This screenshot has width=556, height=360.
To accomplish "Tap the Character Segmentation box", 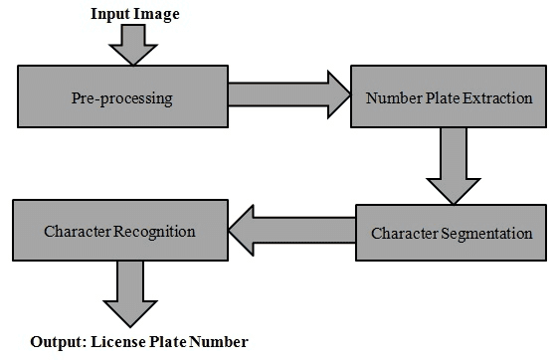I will [x=452, y=234].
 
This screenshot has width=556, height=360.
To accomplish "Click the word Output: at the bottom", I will [x=57, y=342].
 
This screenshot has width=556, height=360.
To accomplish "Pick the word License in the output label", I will [x=116, y=342].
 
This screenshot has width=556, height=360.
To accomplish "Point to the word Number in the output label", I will [x=219, y=342].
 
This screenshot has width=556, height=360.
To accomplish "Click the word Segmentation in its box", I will [x=488, y=235].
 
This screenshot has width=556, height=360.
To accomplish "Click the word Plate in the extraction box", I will [x=437, y=99].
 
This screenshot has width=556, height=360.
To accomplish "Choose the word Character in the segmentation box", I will [x=405, y=235].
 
